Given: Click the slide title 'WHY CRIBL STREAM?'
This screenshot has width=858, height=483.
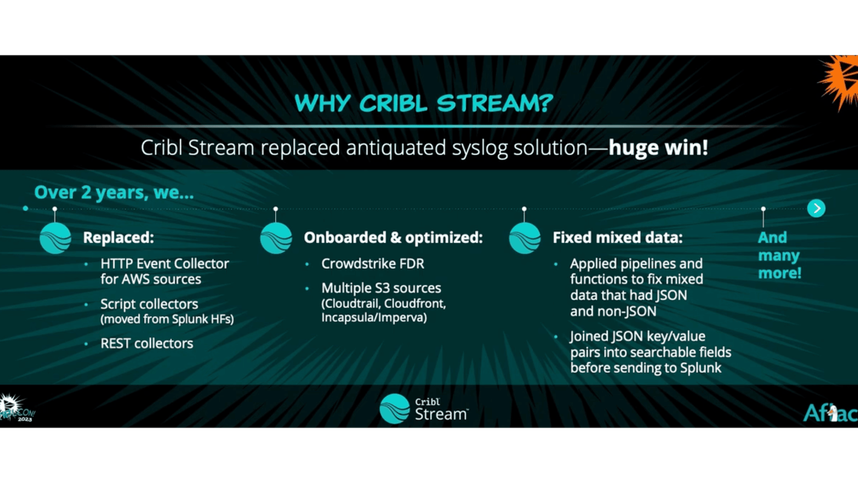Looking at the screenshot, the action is (x=424, y=103).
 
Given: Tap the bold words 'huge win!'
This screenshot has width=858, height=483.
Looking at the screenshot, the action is (x=658, y=147).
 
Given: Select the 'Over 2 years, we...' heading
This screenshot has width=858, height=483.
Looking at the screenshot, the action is (x=114, y=192).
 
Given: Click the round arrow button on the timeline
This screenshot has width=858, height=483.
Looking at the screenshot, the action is (x=816, y=208).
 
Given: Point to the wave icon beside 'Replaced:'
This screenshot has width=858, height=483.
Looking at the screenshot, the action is (x=55, y=238).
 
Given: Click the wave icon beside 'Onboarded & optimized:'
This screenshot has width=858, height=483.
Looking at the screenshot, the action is (x=276, y=238).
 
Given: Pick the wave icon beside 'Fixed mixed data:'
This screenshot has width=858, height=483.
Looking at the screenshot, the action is (x=525, y=238).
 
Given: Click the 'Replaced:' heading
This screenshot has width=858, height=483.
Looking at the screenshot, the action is (x=118, y=237).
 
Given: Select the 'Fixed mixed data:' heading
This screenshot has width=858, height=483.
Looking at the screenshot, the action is (x=618, y=237).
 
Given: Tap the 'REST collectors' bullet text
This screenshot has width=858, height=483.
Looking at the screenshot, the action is (x=147, y=343).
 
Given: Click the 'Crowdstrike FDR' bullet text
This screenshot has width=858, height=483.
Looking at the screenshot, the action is (x=373, y=264).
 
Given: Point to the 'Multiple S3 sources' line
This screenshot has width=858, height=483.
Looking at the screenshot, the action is (x=381, y=288).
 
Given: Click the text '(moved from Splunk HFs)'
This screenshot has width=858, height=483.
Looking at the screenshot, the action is (x=167, y=319).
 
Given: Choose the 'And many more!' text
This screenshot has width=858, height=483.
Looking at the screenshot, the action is (x=779, y=255).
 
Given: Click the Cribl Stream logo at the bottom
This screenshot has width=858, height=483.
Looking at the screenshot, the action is (x=424, y=409).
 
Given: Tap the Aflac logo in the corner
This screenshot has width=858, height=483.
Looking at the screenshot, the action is (x=830, y=413).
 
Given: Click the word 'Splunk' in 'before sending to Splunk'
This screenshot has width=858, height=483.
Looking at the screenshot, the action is (x=700, y=368).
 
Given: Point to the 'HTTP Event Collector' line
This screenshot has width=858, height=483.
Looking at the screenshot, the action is (x=164, y=264).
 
